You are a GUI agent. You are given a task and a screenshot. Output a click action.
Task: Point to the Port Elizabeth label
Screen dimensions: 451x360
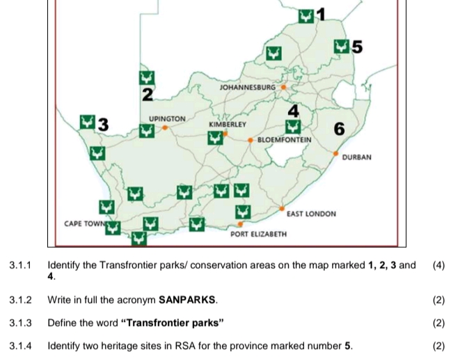click(x=258, y=234)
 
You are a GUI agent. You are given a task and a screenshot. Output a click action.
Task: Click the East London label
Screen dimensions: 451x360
click(x=311, y=214)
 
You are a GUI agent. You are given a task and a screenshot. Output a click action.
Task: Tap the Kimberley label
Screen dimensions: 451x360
click(x=227, y=123)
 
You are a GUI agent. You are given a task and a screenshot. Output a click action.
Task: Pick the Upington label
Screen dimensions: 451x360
click(x=167, y=119)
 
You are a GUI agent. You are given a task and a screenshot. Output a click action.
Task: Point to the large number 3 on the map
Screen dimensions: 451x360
click(x=103, y=125)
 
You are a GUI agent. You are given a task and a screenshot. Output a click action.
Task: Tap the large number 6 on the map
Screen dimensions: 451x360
click(x=339, y=129)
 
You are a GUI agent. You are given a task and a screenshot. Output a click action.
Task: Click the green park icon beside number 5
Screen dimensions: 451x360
click(x=341, y=47)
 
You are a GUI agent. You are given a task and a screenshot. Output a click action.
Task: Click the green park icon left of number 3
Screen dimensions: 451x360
click(x=87, y=123)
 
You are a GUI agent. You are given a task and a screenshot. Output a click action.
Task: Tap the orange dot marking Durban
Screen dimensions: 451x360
click(x=336, y=153)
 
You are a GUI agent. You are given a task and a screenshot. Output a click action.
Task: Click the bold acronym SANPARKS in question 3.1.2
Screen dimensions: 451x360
click(x=187, y=300)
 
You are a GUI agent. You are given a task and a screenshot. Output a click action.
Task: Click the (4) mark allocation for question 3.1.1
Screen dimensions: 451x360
click(x=438, y=265)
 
